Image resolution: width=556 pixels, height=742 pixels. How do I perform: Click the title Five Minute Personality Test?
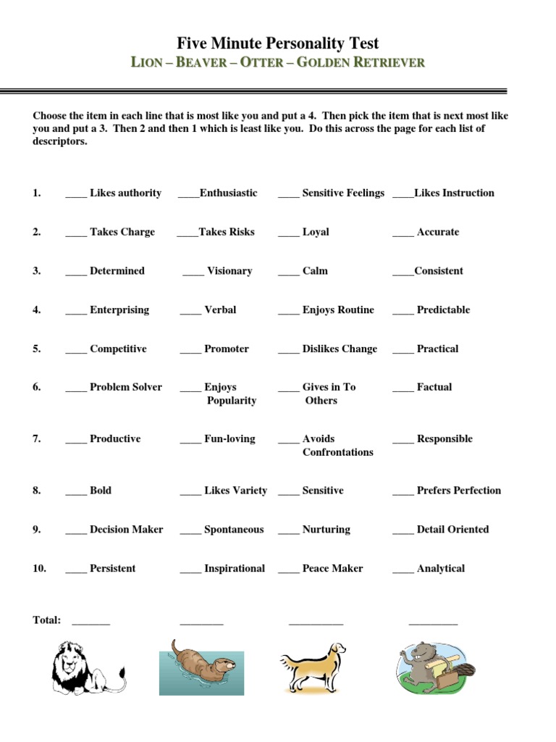(278, 43)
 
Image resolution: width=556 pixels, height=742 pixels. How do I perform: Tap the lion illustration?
(87, 667)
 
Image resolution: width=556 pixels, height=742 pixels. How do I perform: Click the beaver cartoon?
(434, 667)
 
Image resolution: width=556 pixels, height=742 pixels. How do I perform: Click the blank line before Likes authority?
(76, 193)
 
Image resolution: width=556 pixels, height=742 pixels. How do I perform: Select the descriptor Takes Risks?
(227, 232)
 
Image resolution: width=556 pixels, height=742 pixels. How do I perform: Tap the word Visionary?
(229, 271)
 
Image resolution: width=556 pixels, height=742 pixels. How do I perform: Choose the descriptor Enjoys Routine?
(338, 310)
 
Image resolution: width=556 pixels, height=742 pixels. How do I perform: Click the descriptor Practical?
(437, 349)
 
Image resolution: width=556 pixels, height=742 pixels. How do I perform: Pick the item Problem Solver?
(126, 388)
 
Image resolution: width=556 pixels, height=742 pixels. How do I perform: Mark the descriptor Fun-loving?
(229, 439)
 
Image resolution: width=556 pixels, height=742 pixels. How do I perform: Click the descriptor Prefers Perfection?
(458, 491)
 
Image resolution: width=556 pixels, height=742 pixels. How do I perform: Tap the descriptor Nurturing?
(326, 530)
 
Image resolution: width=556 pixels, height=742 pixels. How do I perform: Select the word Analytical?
(440, 569)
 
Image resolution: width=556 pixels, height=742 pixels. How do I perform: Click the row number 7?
(36, 439)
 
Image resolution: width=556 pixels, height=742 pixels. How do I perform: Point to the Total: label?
(47, 620)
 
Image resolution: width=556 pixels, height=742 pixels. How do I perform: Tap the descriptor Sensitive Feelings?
(343, 193)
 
